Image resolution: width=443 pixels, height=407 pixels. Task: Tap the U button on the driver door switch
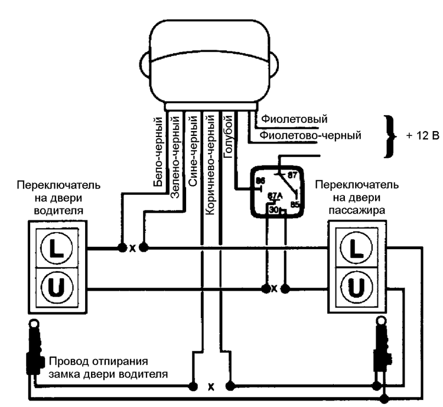tap(58, 288)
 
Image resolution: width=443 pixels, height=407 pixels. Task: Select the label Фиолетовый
tap(294, 120)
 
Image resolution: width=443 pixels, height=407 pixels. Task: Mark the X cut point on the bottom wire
tap(211, 388)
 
